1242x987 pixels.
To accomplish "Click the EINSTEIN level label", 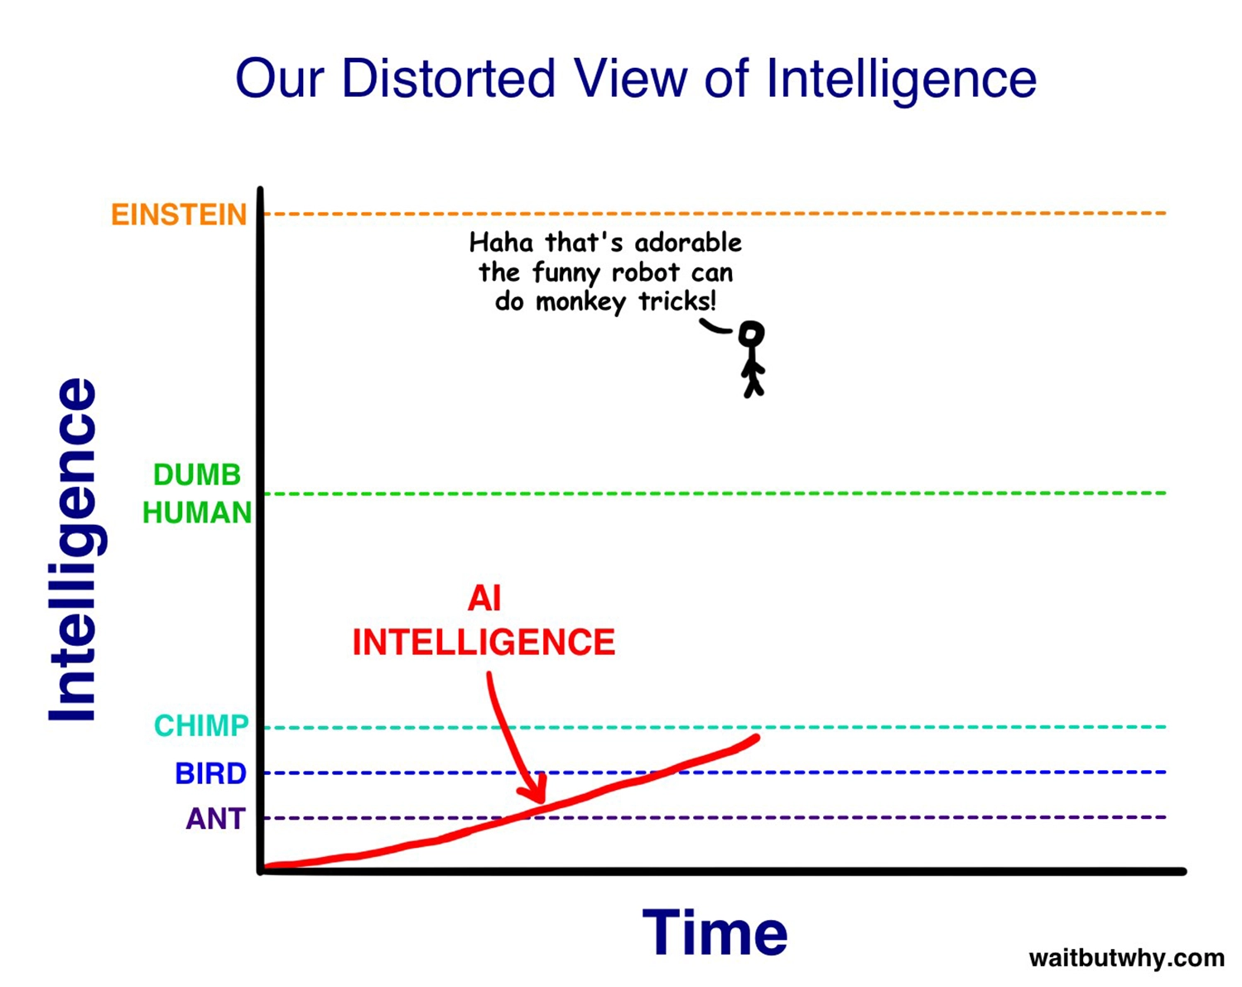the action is point(179,214).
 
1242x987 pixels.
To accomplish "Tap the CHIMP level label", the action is point(201,725).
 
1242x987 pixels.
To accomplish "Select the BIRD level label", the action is point(210,773).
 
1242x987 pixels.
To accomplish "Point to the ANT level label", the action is point(216,818).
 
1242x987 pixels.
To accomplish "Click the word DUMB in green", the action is point(197,475).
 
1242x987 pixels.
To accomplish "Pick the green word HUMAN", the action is point(197,513).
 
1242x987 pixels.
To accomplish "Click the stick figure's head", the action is point(752,335).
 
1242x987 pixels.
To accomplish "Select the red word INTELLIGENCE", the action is point(484,643).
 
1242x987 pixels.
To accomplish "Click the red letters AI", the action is point(484,598).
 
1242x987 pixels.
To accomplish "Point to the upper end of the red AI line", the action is point(757,738).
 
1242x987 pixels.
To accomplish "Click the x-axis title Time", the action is point(715,932).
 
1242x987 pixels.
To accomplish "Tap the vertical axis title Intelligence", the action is point(77,550).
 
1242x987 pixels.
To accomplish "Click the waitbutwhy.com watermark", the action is point(1127,958).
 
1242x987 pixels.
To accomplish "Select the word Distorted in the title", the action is point(449,79).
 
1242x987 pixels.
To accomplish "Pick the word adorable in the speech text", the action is point(688,243).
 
